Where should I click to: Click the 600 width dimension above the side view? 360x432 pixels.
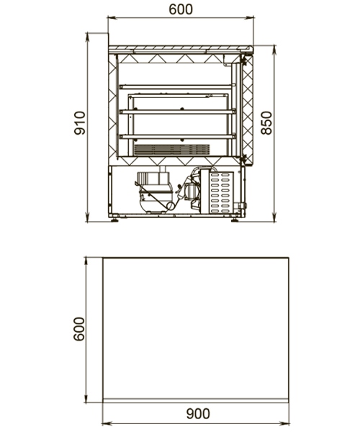point(181,9)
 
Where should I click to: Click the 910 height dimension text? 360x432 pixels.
point(80,123)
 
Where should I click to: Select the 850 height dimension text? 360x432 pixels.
point(266,123)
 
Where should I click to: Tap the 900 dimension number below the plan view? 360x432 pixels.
point(198,414)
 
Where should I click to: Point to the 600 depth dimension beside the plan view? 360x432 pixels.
point(79,329)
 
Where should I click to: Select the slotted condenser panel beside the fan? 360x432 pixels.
point(221,192)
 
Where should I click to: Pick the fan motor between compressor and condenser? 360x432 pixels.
point(191,190)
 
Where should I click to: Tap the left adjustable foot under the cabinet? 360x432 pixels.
point(115,220)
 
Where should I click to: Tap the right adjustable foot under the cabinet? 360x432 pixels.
point(235,220)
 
